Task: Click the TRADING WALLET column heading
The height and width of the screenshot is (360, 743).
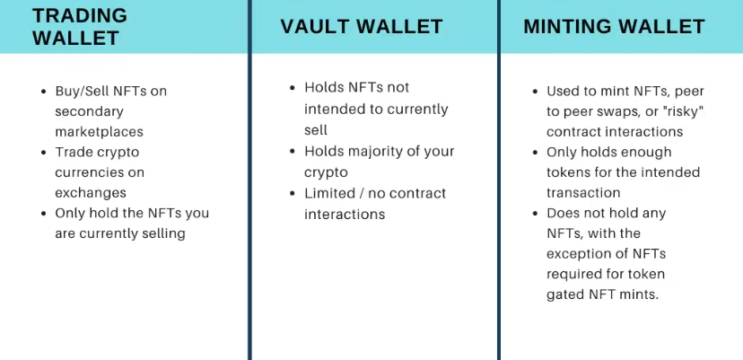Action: click(x=80, y=27)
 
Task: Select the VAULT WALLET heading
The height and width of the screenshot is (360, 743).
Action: click(x=362, y=27)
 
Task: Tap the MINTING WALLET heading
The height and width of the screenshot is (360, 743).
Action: click(x=614, y=27)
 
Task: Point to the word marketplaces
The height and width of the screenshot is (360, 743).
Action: click(x=99, y=132)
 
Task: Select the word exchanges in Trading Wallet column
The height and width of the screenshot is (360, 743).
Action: click(x=91, y=193)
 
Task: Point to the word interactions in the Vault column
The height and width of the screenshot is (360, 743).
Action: click(x=345, y=214)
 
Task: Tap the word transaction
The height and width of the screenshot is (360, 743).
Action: click(x=583, y=193)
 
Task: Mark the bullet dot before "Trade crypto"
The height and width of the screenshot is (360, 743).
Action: click(x=44, y=153)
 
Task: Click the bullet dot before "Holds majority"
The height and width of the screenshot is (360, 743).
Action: click(x=293, y=152)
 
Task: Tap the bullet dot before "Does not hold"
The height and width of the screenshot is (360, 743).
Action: click(x=536, y=213)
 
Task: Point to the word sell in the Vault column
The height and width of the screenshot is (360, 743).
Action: click(x=316, y=129)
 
